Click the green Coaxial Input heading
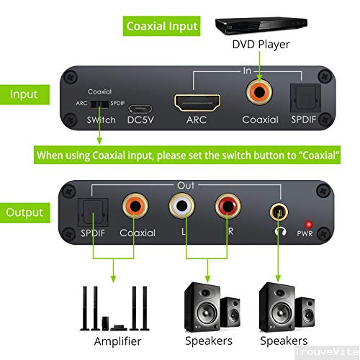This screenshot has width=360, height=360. point(163,27)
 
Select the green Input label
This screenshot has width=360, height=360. point(24,94)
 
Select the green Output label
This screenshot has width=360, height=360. point(24,212)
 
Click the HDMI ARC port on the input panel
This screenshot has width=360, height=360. point(191,100)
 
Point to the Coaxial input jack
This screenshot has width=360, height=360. point(259,92)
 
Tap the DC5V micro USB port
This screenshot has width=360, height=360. point(140,103)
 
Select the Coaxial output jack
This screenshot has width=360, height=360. point(137,207)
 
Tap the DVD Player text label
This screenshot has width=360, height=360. point(261,45)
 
